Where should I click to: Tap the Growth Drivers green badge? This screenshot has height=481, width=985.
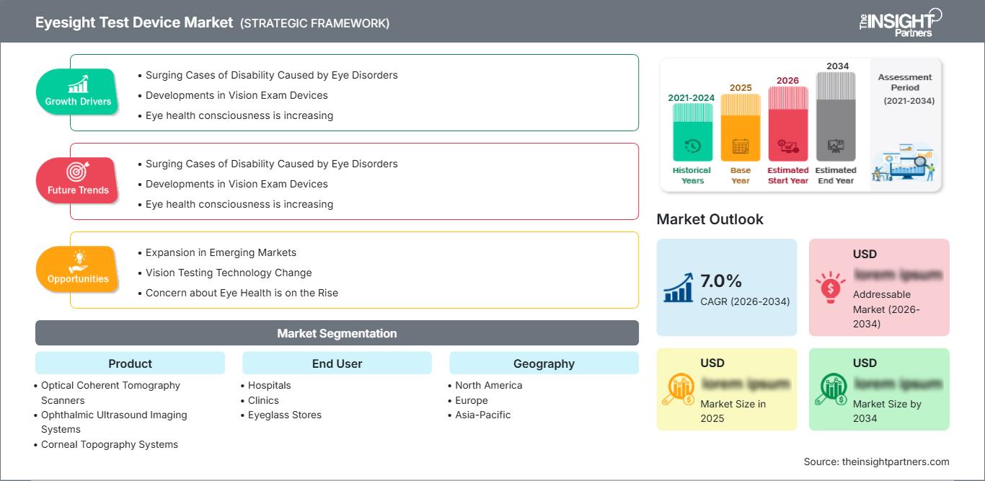77,92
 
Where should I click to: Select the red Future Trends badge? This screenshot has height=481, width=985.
77,180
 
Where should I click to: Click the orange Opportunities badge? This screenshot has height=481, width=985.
77,269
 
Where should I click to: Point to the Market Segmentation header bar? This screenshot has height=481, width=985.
337,333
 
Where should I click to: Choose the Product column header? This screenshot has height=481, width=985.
130,363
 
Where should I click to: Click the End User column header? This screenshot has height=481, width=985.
337,363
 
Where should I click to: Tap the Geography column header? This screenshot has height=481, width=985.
544,363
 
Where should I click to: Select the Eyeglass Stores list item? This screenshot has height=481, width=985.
285,415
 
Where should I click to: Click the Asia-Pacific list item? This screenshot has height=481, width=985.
482,415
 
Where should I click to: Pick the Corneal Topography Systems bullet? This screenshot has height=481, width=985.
110,444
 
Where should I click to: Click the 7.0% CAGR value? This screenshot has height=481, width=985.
720,281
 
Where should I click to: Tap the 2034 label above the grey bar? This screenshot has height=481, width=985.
837,66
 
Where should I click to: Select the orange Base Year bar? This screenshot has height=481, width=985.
741,130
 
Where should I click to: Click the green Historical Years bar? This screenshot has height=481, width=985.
692,133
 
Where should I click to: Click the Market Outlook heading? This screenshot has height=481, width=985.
710,219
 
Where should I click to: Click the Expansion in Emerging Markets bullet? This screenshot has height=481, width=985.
221,252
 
